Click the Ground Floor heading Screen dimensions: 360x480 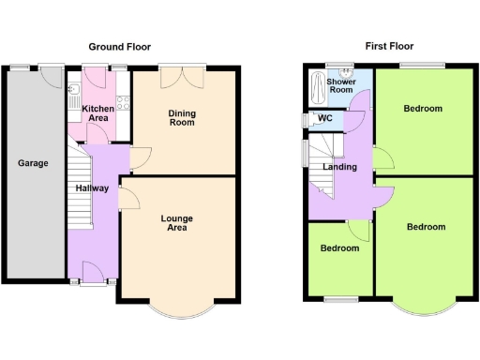coord(119,46)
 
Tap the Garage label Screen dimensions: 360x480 coord(33,163)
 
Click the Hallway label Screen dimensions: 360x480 coord(92,188)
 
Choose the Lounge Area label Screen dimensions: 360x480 coord(176,223)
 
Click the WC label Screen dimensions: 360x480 coord(325,118)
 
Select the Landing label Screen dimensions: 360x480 coord(339,167)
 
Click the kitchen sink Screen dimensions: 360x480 coord(73,90)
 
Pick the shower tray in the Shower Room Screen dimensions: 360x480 coord(319,91)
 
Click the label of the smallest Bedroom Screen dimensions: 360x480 coord(339,248)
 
